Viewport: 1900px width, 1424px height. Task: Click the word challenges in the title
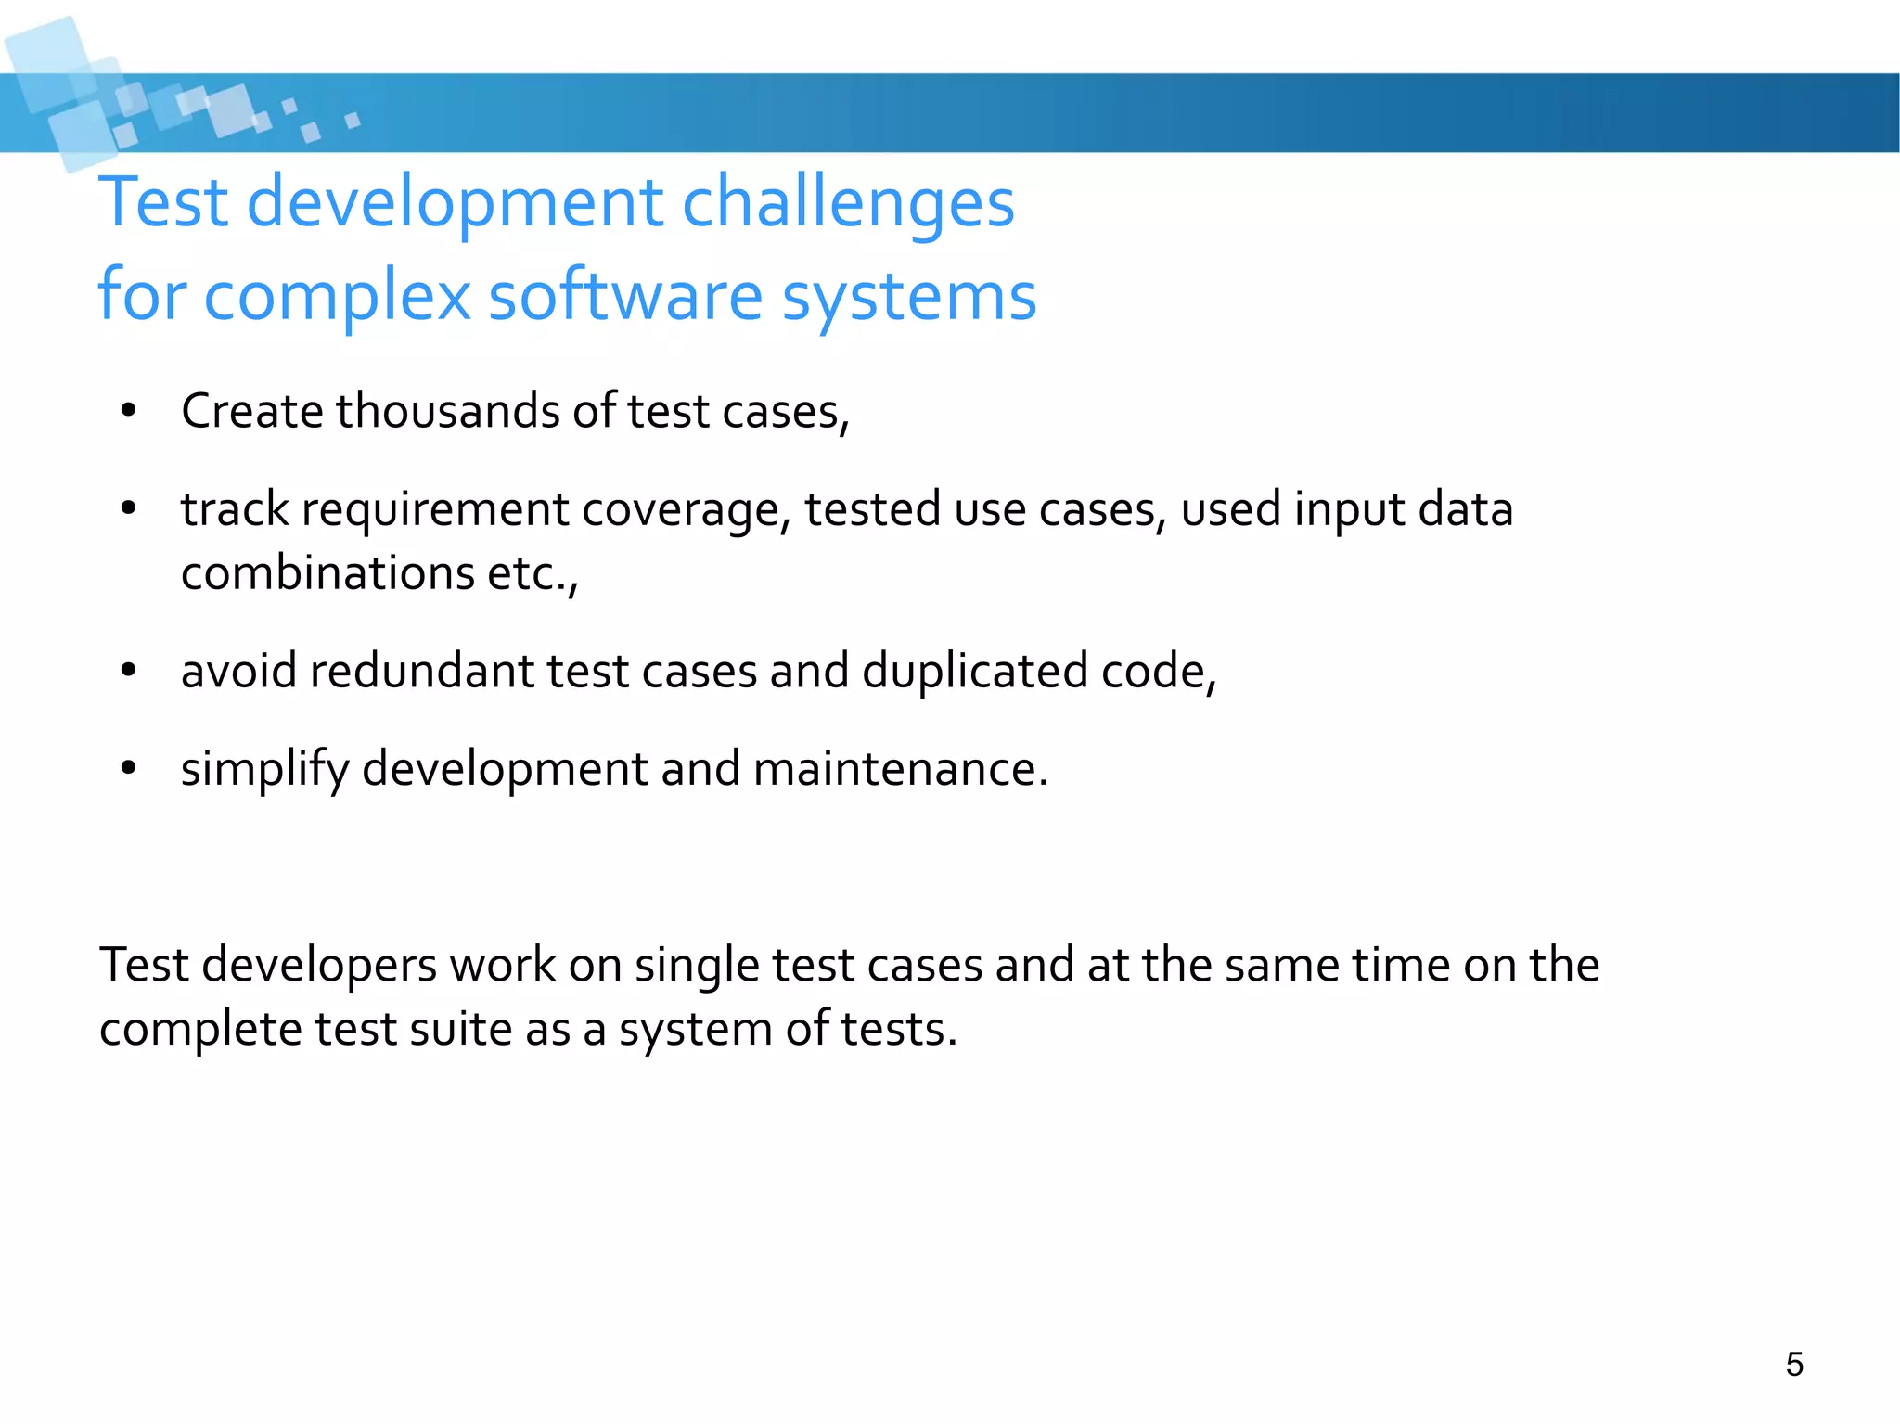tap(848, 203)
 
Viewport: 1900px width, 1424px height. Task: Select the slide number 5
tap(1794, 1365)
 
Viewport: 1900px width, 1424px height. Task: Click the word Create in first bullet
tap(251, 411)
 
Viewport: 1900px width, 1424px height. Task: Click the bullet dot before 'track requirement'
tap(129, 508)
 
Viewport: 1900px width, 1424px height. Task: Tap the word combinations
tap(327, 572)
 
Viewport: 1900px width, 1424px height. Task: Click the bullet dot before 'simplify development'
tap(129, 768)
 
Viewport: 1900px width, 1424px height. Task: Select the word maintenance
tap(900, 769)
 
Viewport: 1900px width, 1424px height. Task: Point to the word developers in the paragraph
tap(319, 966)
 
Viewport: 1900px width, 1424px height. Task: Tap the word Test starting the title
tap(163, 203)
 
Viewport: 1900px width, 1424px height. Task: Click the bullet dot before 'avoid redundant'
tap(129, 671)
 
